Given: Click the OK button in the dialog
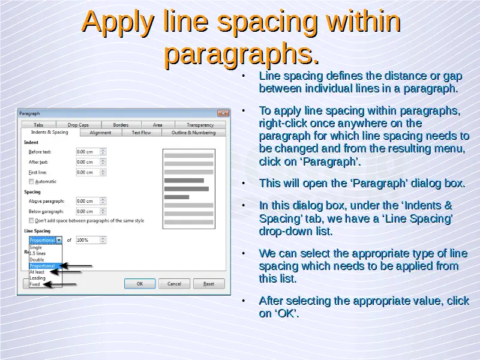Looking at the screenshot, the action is [140, 284].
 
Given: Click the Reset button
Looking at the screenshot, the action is [209, 284].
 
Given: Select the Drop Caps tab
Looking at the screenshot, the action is [79, 125].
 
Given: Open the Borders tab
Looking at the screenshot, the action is [121, 125].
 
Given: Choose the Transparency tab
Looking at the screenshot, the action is [200, 125].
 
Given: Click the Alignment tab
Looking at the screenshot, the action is [100, 133].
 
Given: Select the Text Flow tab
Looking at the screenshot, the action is [142, 133].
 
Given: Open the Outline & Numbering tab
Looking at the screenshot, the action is [193, 133].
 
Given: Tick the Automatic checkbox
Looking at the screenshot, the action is [31, 182].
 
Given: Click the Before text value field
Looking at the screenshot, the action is [88, 152].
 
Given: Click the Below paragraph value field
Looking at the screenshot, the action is [88, 211].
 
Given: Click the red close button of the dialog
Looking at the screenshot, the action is [223, 113].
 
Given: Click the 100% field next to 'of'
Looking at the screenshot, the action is [88, 240].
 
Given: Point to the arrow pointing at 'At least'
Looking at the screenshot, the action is [65, 272].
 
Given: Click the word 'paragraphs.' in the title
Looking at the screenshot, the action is [242, 53].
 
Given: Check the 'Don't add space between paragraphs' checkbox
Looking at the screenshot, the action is [31, 220].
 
